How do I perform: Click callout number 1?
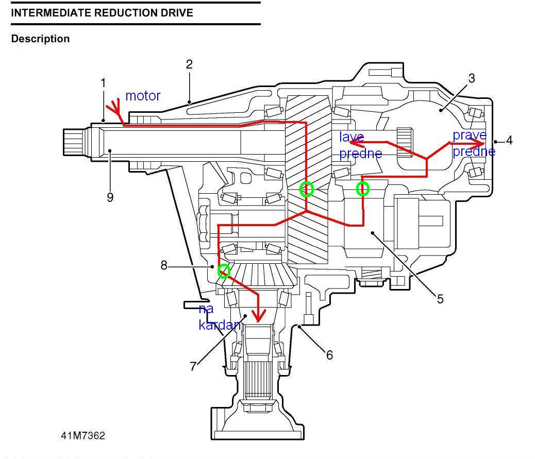click(103, 83)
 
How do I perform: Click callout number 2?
click(189, 64)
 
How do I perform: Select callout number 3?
click(471, 78)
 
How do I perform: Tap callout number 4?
click(509, 140)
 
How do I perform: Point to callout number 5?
click(440, 299)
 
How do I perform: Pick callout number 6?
click(329, 355)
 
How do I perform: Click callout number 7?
click(193, 366)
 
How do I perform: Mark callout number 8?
click(164, 266)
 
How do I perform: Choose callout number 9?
click(110, 197)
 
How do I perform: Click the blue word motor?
click(143, 96)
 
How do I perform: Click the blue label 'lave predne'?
click(360, 145)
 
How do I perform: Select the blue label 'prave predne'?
click(473, 143)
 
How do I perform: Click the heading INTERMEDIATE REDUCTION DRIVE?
click(102, 13)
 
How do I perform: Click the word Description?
click(40, 39)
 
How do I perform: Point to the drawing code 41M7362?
click(82, 435)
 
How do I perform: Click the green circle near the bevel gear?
click(224, 271)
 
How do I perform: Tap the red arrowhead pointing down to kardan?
click(258, 315)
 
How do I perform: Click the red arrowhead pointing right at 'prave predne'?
click(481, 144)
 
